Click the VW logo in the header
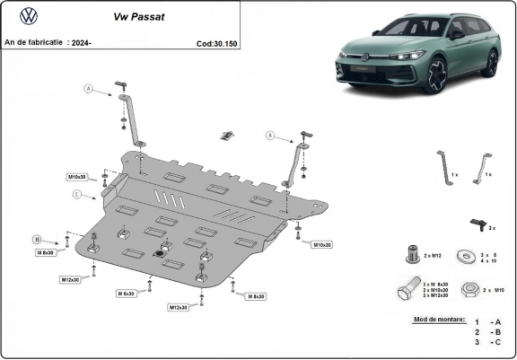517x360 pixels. (29, 15)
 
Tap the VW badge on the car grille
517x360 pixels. (365, 57)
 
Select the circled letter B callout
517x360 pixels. (38, 239)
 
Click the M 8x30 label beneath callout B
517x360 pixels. (46, 253)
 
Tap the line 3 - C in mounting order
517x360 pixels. (488, 342)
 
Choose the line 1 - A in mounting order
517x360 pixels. (488, 321)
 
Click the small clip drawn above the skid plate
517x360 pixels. (226, 136)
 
